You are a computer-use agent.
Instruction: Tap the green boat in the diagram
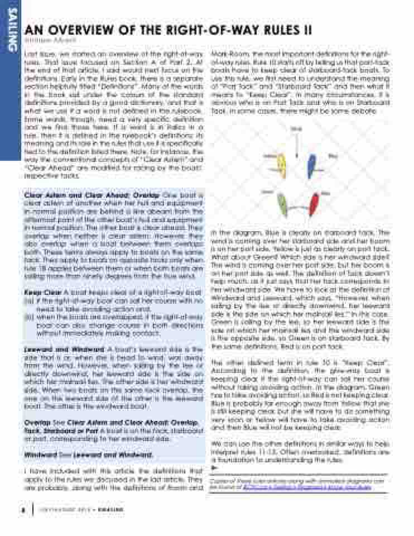point(282,205)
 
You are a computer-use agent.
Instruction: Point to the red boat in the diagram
point(314,204)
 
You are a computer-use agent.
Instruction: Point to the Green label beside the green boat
point(268,192)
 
